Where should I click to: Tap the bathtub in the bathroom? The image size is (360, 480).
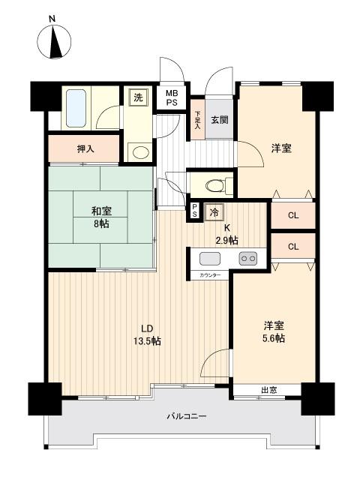coord(76,109)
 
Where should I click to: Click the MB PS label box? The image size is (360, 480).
coord(172,98)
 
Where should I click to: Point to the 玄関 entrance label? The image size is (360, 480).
coord(219,121)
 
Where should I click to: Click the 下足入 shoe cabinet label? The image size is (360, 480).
coord(198,120)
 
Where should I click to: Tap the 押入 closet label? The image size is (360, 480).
coord(85,148)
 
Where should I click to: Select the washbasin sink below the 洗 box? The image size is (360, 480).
coord(139,152)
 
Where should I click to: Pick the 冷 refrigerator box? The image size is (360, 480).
coord(214,212)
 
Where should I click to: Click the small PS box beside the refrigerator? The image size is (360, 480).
coord(195,212)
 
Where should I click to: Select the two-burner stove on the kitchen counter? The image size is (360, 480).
coord(247,259)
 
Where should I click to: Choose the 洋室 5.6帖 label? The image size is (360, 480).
coord(273,331)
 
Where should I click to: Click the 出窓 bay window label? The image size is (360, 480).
coord(269,390)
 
